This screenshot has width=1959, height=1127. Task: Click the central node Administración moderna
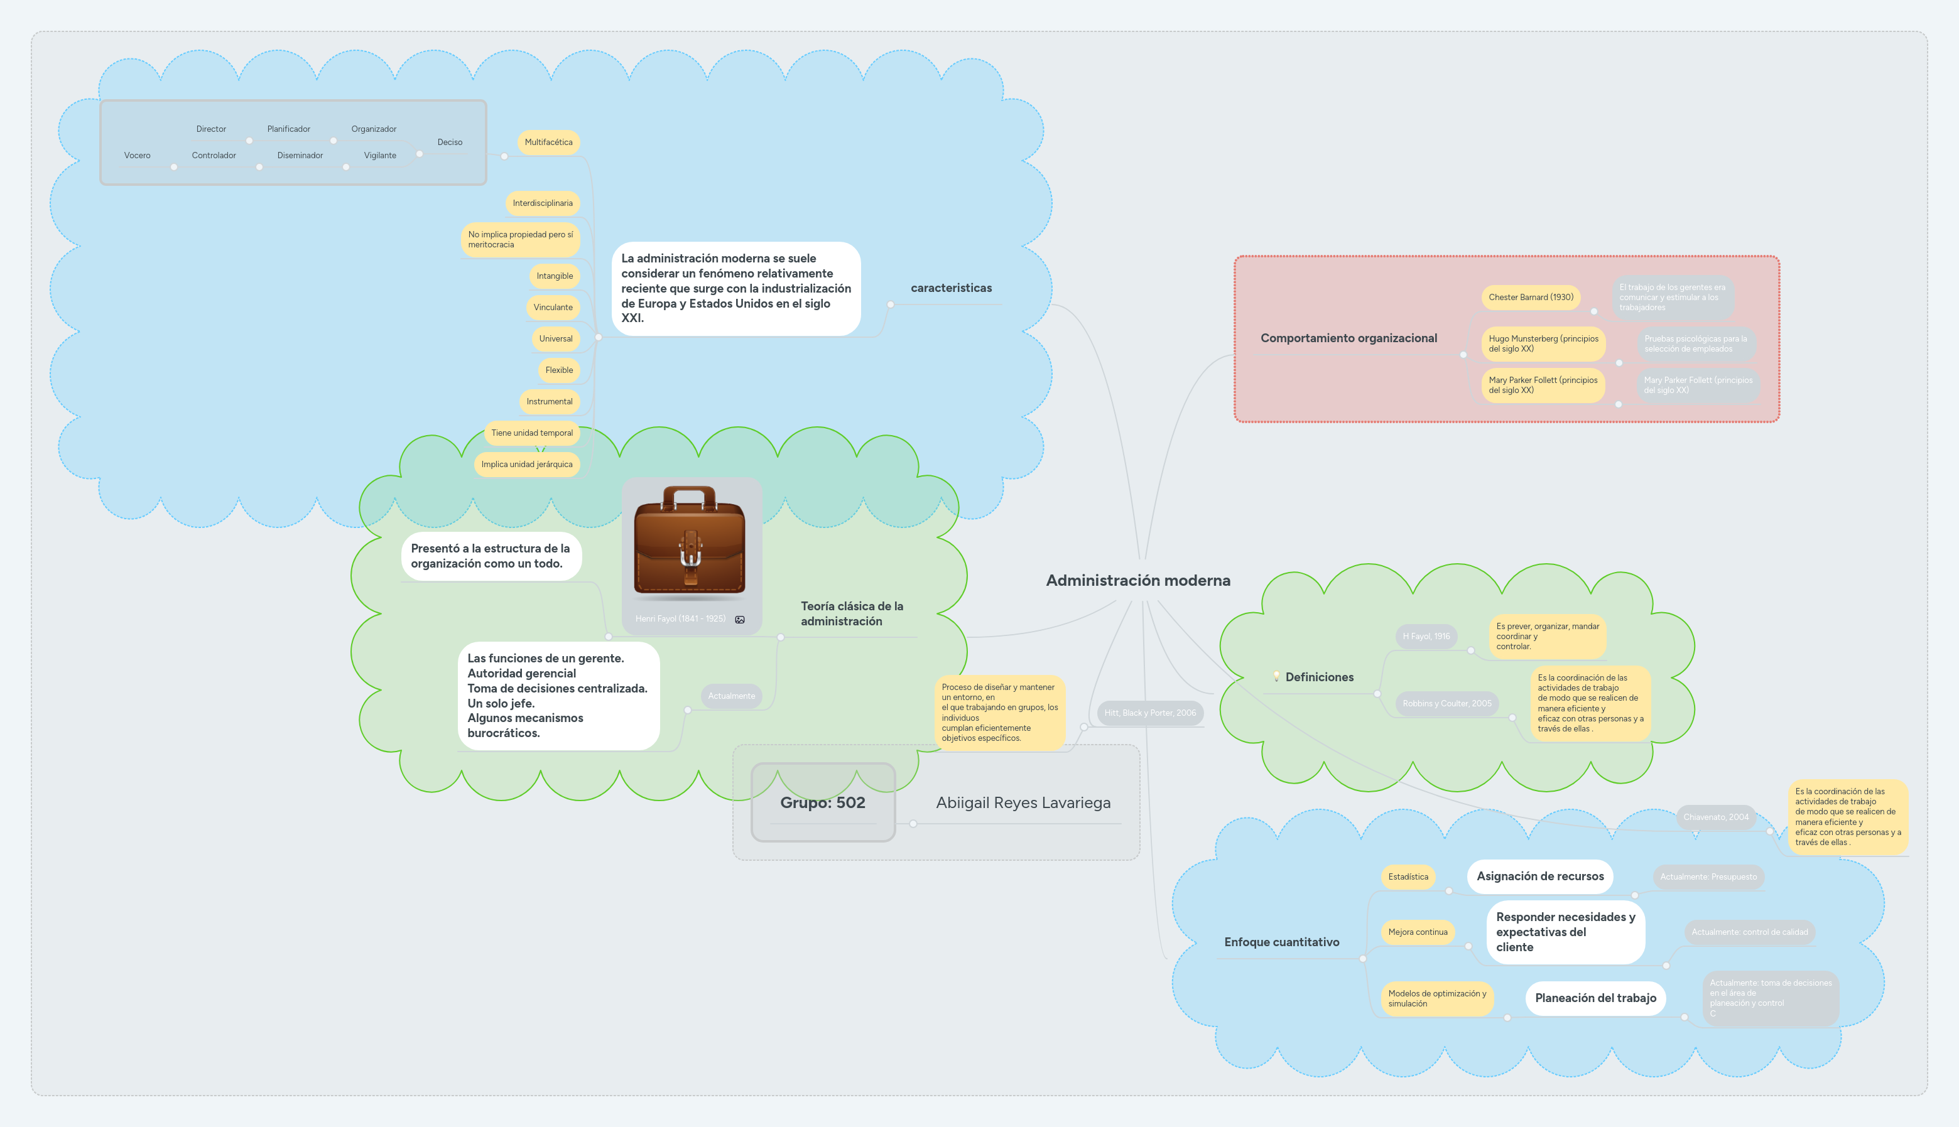tap(1137, 581)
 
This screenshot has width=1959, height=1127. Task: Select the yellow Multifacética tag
tap(548, 143)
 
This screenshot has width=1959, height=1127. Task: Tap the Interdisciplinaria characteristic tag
tap(542, 203)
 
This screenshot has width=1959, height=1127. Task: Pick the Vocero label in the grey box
tap(137, 156)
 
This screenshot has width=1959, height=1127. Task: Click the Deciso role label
tap(449, 143)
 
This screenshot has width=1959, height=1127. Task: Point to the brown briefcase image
tap(689, 541)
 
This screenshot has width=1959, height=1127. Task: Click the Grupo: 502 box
tap(822, 802)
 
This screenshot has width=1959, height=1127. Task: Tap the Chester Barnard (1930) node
tap(1530, 297)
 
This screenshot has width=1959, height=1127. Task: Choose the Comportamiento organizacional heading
tap(1348, 338)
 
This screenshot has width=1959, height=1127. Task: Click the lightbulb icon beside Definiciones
tap(1276, 676)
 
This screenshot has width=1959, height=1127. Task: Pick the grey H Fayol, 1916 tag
tap(1426, 636)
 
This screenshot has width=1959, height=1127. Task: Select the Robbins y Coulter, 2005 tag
tap(1446, 704)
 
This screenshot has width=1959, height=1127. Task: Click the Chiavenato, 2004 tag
tap(1715, 817)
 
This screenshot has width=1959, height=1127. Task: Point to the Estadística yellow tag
tap(1408, 877)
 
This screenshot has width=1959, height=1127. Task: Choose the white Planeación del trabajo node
tap(1595, 998)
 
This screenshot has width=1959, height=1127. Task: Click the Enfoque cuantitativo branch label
tap(1281, 942)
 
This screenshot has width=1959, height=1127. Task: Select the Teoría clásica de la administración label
tap(851, 614)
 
